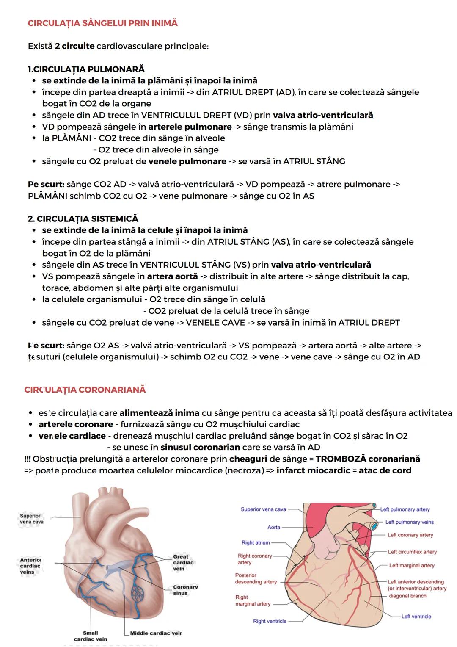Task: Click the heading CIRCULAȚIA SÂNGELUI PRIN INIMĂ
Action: pos(102,23)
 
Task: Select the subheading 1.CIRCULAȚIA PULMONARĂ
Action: pos(86,69)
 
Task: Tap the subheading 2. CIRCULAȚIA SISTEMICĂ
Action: pos(83,218)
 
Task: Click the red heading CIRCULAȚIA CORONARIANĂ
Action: pos(85,389)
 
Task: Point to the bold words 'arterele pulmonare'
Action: pos(190,127)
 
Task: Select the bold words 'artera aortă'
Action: pos(172,276)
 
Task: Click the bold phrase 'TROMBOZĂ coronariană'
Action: pos(368,459)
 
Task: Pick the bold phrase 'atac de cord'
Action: pos(385,470)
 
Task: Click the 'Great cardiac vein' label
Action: pos(183,562)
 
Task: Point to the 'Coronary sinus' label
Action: pos(185,590)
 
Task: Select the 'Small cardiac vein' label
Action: pos(91,636)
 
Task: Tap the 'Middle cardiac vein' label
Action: pos(156,633)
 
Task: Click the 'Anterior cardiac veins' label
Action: pos(30,566)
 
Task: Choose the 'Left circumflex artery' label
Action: pos(412,552)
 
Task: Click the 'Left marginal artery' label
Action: pos(412,565)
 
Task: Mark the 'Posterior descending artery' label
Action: pos(256,578)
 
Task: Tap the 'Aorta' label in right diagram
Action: pos(274,527)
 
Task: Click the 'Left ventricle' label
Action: pos(416,617)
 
